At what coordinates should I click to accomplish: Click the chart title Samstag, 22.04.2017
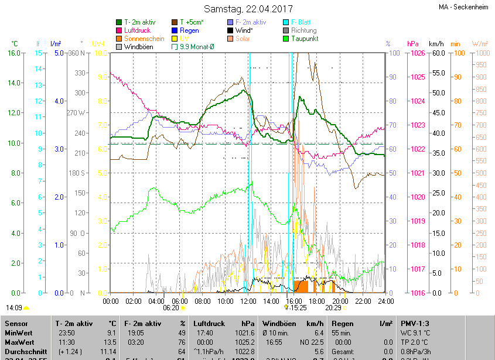tap(248, 9)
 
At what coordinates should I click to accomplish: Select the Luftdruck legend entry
tap(138, 30)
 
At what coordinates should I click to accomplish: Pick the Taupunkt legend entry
tap(304, 39)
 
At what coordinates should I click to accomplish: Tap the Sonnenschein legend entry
tap(144, 39)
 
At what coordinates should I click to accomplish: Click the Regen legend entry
tap(189, 30)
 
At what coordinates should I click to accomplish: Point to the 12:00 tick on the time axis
tap(249, 301)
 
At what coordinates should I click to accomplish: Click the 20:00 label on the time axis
tap(340, 301)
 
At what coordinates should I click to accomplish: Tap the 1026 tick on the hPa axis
tap(417, 53)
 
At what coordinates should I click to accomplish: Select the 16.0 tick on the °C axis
tap(13, 53)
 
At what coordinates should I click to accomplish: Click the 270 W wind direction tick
tap(76, 112)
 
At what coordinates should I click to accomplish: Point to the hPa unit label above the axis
tap(413, 44)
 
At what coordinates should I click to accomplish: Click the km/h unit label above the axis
tap(436, 44)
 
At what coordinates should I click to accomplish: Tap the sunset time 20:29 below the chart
tap(333, 307)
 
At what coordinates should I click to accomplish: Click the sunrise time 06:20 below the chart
tap(170, 307)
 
